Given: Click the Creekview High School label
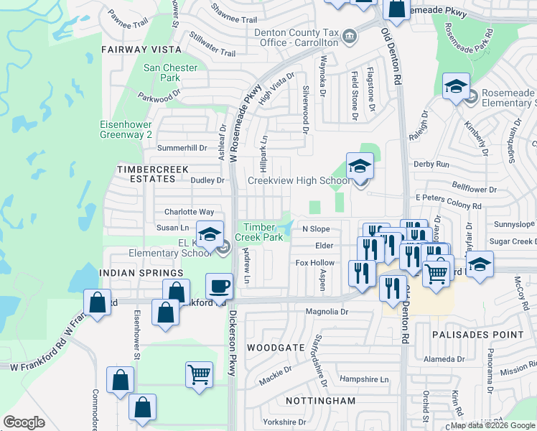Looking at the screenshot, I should click(299, 180).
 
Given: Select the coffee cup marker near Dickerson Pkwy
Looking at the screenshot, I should click(220, 286).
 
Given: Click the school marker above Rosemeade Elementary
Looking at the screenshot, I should click(456, 87).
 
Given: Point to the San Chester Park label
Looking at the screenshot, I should click(161, 73).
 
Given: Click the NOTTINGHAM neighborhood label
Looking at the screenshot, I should click(300, 400).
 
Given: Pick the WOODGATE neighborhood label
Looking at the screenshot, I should click(271, 347).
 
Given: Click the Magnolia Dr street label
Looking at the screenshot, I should click(327, 312).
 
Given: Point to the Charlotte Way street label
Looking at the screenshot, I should click(189, 212).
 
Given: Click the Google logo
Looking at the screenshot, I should click(24, 422).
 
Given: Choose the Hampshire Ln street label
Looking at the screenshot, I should click(363, 379).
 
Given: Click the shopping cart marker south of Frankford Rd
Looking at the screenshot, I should click(200, 374).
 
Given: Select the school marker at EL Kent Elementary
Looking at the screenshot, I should click(210, 235).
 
